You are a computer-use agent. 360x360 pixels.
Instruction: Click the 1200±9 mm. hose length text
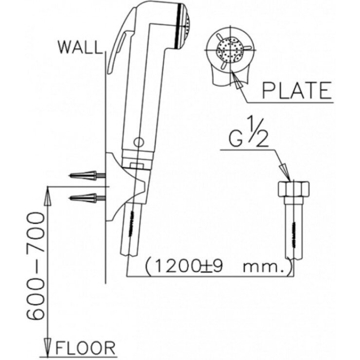coord(218,267)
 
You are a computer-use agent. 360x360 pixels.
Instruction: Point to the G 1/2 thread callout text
coord(249,134)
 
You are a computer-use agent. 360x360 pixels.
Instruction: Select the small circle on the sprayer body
coord(138,143)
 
